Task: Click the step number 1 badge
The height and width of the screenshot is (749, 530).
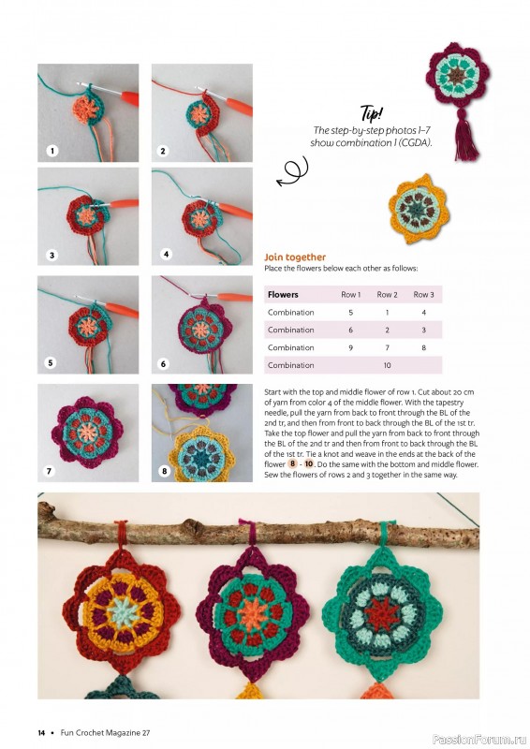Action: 52,150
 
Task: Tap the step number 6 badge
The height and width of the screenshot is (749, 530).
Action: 164,362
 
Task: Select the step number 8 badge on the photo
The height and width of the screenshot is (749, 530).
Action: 165,471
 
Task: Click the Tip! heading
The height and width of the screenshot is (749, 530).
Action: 372,115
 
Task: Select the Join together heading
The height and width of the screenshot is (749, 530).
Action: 295,257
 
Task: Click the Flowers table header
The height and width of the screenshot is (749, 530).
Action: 283,294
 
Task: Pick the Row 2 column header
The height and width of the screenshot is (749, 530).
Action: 388,294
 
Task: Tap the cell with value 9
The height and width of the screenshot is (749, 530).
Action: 350,347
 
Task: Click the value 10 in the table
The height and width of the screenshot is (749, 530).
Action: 387,365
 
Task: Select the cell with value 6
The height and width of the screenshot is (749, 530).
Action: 350,330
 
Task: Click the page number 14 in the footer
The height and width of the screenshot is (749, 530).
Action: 41,731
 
